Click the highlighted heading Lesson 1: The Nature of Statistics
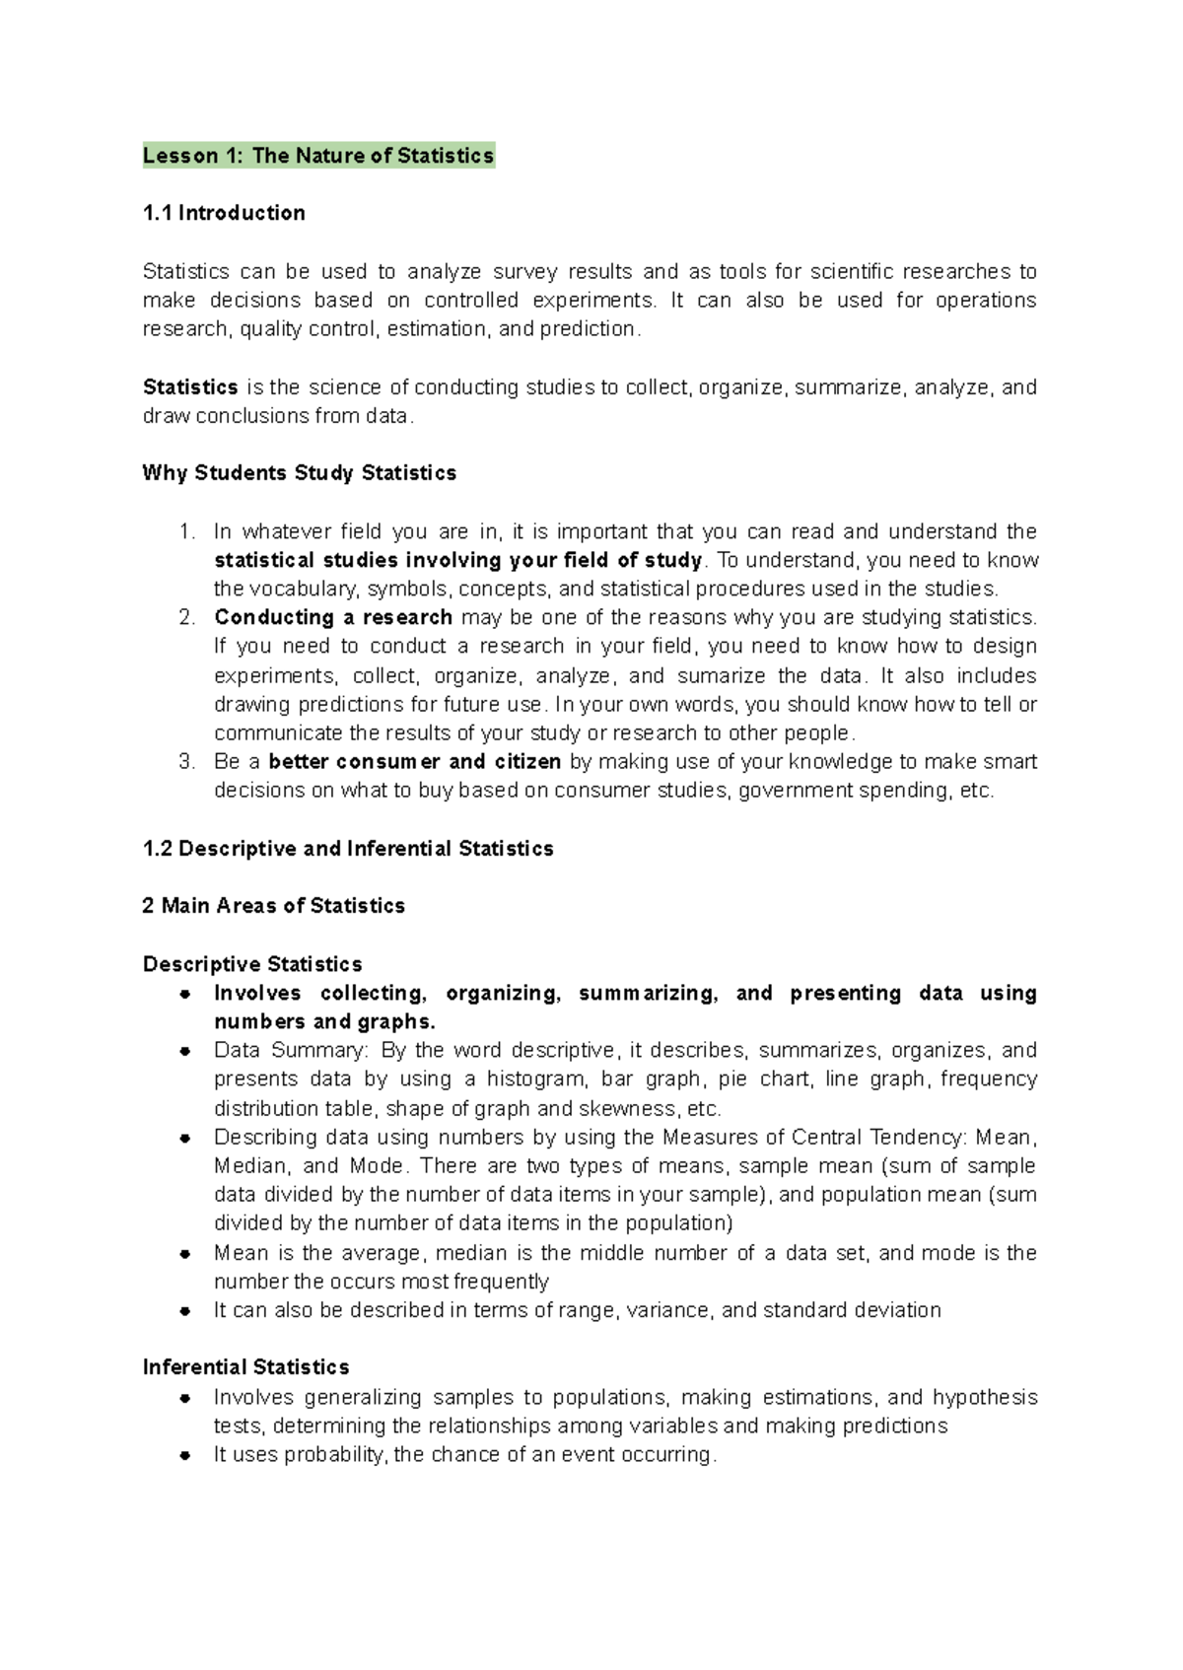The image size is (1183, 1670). [x=317, y=156]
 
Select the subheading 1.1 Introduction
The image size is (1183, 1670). [x=224, y=213]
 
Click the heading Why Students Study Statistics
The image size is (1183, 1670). [x=299, y=473]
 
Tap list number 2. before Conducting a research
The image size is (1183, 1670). [x=187, y=618]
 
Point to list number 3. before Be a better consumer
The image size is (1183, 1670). [x=187, y=762]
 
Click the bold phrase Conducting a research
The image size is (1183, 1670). [x=333, y=618]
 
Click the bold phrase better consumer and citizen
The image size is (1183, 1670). [x=414, y=762]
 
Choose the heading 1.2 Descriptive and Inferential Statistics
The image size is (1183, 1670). [x=348, y=849]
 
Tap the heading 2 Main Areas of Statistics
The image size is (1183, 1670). [x=273, y=906]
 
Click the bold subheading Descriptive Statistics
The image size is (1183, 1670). [x=252, y=964]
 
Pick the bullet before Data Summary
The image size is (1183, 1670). [x=184, y=1052]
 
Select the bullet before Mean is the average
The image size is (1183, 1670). [x=184, y=1254]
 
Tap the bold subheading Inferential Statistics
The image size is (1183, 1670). [x=245, y=1367]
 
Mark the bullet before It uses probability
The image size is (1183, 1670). [x=184, y=1456]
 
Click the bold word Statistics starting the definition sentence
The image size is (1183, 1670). [x=190, y=387]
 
